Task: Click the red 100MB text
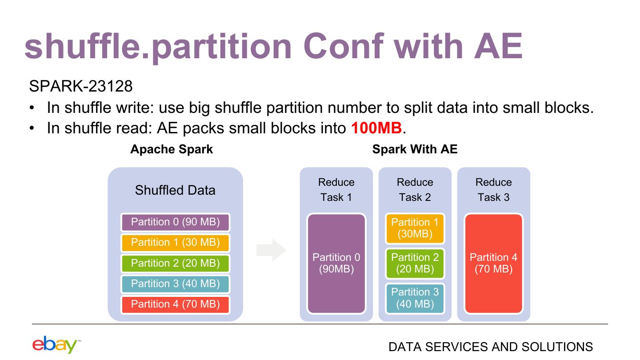tap(376, 128)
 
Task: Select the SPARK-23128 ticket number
tap(80, 86)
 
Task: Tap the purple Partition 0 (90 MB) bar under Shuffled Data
tap(175, 222)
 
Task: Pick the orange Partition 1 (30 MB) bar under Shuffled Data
tap(175, 243)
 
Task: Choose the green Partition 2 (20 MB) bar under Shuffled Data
tap(175, 263)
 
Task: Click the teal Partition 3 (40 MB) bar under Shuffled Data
tap(175, 284)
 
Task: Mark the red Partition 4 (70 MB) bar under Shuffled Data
tap(175, 304)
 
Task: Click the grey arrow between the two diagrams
tap(271, 250)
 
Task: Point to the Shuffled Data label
tap(175, 190)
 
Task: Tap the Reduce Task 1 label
tap(336, 190)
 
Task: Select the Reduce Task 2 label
tap(415, 190)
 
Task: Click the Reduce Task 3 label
tap(493, 190)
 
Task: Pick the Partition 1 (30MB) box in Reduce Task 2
tap(415, 228)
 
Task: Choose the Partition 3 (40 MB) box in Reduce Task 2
tap(415, 298)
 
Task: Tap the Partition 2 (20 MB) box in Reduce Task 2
tap(415, 263)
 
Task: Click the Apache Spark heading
tap(172, 149)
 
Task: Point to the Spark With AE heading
tap(415, 149)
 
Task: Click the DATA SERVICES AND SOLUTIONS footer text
tap(490, 347)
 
